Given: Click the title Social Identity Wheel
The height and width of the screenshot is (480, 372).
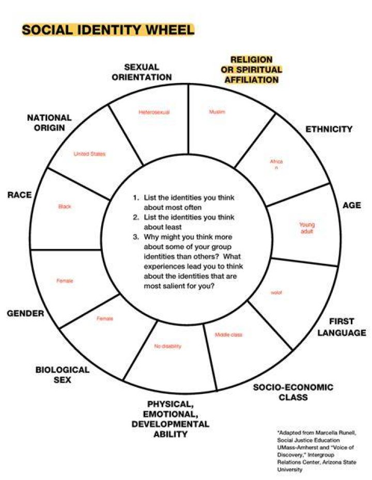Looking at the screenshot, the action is coord(108,30).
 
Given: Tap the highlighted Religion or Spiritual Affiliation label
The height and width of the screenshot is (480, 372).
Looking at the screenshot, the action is coord(252,70).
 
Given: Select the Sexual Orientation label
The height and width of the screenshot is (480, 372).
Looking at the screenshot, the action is coord(142,72).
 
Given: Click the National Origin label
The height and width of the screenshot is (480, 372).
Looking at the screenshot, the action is coord(50,123).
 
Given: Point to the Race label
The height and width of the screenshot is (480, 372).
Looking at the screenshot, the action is coord(20,195).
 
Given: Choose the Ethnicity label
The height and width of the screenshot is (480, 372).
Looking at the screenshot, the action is coord(329,129).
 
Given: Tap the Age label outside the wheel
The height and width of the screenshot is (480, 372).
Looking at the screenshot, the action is coord(352,205).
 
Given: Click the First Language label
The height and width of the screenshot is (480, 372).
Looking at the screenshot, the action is coord(342,327).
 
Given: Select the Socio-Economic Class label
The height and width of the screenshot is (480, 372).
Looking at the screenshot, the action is coord(293,392).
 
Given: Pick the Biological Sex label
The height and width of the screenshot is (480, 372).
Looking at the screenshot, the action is coord(63,375).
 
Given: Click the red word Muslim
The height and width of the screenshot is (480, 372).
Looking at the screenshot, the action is coord(217,112).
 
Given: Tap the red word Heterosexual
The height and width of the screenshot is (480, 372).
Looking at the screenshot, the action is coord(154,112).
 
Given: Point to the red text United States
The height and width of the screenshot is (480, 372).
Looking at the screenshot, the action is coord(89,154).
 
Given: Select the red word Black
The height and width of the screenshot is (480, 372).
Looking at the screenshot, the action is coord(65,206).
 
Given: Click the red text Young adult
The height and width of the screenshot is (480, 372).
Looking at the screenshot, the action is coord(307,228).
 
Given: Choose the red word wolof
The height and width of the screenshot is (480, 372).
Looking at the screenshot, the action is coord(276,293).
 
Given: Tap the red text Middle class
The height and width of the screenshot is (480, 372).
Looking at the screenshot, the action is coord(228,335).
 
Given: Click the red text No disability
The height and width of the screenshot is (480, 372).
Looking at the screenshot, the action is coord(168,346).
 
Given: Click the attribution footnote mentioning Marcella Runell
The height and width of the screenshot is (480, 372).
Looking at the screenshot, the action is coord(317,451).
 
